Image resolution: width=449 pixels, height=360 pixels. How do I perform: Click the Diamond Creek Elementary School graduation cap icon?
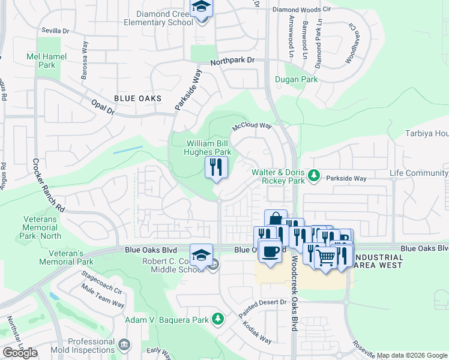202,7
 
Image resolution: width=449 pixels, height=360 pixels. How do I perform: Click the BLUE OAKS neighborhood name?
137,98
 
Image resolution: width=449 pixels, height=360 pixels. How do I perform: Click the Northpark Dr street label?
232,61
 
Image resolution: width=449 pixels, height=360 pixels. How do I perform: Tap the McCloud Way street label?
252,127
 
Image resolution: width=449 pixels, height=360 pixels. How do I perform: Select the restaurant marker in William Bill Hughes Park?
216,167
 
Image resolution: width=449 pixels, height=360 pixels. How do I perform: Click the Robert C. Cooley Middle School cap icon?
202,254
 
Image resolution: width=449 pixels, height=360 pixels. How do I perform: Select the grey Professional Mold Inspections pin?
124,344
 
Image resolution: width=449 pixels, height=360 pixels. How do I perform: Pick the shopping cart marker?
325,258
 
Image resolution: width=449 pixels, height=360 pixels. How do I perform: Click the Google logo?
19,353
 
